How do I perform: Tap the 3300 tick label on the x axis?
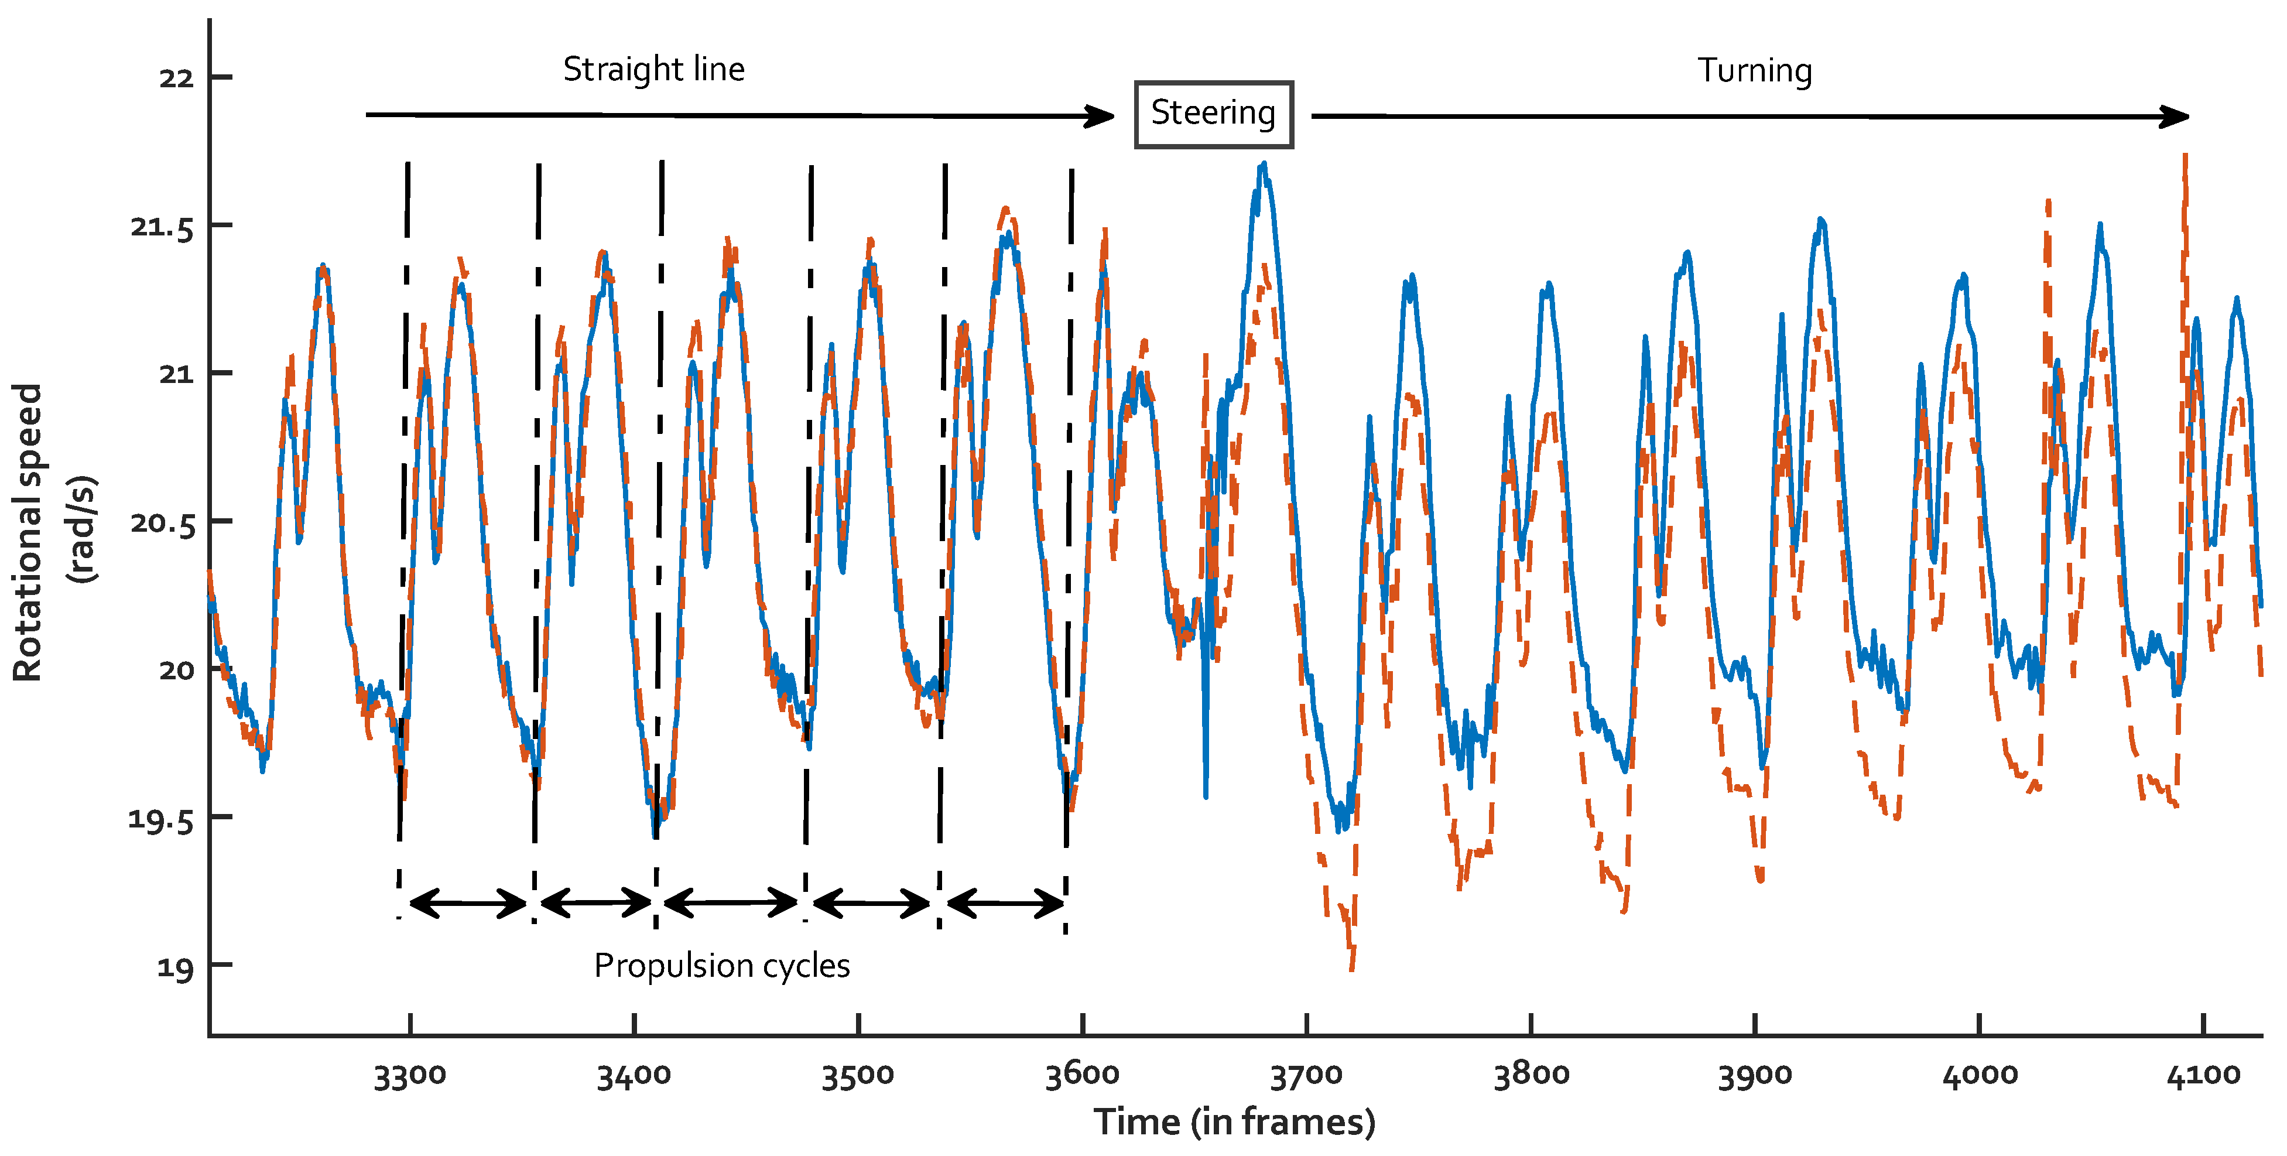tap(409, 1076)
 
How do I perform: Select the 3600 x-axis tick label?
tap(1081, 1076)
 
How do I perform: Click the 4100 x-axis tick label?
tap(2203, 1076)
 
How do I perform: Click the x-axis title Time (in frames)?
tap(1234, 1122)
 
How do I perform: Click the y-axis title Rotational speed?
tap(26, 533)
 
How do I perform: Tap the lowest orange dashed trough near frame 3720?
tap(1351, 968)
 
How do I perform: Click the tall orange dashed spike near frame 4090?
tap(2185, 158)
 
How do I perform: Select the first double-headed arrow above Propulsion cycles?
tap(468, 904)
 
